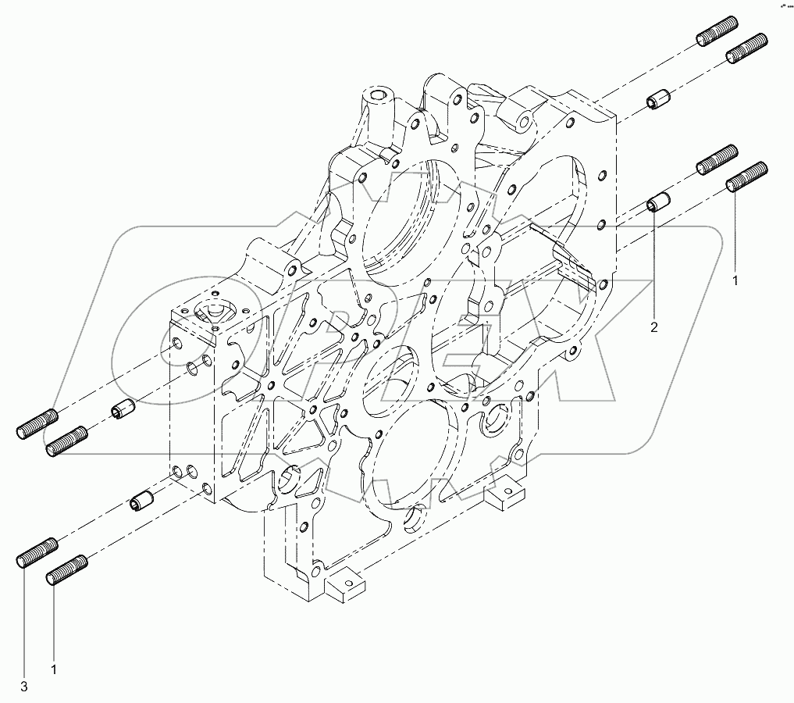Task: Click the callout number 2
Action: pyautogui.click(x=654, y=327)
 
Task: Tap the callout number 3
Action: pyautogui.click(x=23, y=687)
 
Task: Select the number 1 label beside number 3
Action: pyautogui.click(x=54, y=669)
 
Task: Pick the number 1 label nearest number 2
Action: pyautogui.click(x=734, y=279)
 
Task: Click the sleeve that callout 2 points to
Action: pyautogui.click(x=657, y=202)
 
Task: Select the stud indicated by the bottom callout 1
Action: pyautogui.click(x=66, y=569)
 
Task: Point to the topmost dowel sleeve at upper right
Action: pyautogui.click(x=657, y=100)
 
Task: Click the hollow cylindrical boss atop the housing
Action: pyautogui.click(x=379, y=98)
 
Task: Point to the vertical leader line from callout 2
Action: pyautogui.click(x=654, y=266)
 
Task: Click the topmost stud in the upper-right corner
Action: pyautogui.click(x=716, y=33)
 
